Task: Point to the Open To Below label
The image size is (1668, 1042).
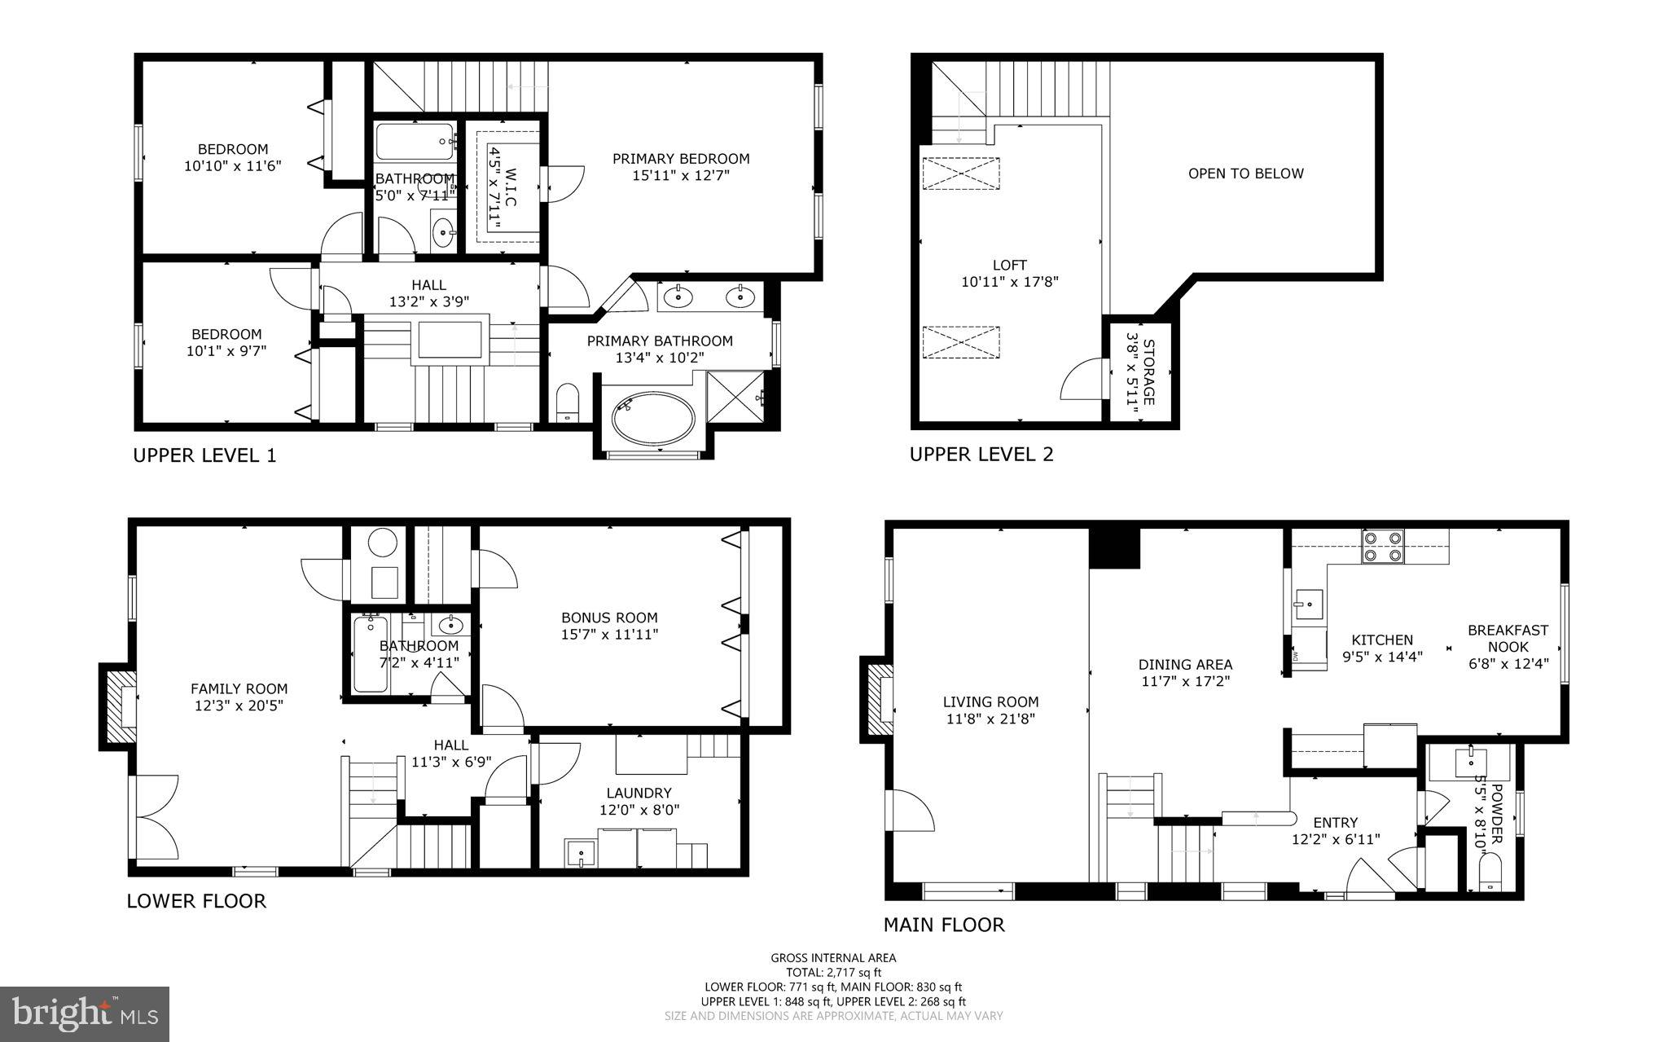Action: (1245, 173)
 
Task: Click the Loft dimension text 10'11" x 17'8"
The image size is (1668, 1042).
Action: (1009, 282)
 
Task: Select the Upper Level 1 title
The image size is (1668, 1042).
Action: (204, 455)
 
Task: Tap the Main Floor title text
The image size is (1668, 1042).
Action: (944, 924)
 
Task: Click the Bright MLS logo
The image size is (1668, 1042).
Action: (85, 1013)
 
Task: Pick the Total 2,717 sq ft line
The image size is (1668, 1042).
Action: (833, 972)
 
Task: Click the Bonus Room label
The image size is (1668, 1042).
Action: (609, 618)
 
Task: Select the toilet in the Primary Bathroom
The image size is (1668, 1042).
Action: (567, 403)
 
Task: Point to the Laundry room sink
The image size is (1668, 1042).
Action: (581, 853)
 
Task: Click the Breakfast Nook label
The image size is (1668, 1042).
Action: (1508, 638)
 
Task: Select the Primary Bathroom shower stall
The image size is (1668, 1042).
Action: (737, 395)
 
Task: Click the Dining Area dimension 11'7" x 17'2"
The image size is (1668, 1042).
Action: (1185, 681)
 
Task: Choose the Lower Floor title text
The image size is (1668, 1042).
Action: (196, 900)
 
